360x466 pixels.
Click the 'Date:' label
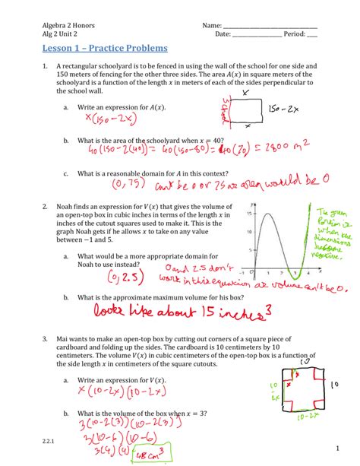pos(223,34)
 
